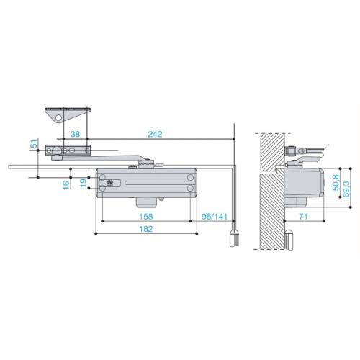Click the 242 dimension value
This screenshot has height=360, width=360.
pyautogui.click(x=155, y=134)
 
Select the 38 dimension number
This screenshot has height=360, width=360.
pyautogui.click(x=75, y=134)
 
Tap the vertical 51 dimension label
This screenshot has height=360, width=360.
pyautogui.click(x=35, y=143)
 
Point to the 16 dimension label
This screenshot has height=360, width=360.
pyautogui.click(x=66, y=185)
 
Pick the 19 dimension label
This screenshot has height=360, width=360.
pyautogui.click(x=83, y=183)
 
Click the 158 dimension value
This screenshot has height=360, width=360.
pyautogui.click(x=146, y=217)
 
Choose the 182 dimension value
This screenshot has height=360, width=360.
pyautogui.click(x=146, y=229)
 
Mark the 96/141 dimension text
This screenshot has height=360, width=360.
pyautogui.click(x=215, y=217)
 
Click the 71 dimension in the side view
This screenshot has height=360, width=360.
pyautogui.click(x=303, y=217)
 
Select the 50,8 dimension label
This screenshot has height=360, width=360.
pyautogui.click(x=336, y=183)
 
